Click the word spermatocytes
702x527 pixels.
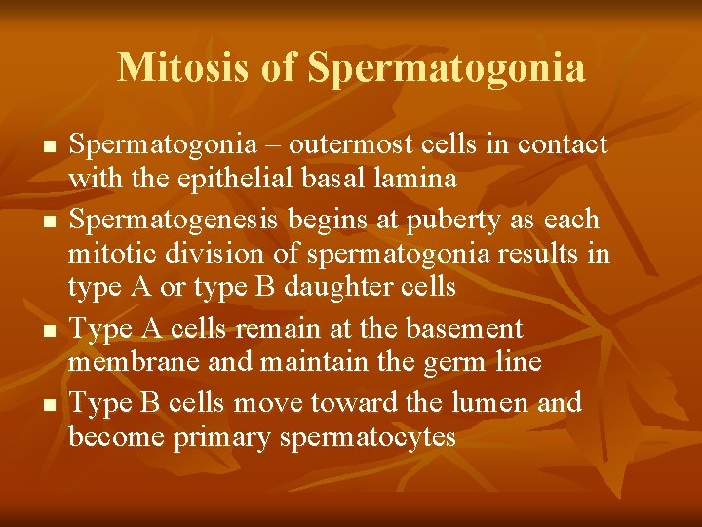[368, 438]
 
